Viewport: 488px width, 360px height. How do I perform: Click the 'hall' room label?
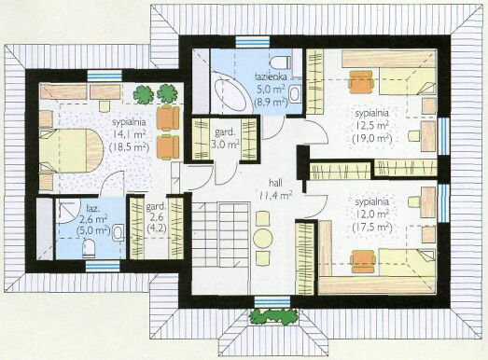pos(276,183)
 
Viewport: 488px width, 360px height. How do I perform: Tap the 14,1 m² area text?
pos(129,134)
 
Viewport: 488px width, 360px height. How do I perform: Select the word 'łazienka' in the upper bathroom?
pos(271,76)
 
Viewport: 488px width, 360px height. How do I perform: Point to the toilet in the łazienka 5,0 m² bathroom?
pos(281,62)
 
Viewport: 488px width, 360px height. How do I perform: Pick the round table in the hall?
pos(263,239)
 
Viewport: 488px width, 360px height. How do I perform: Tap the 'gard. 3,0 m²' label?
pos(227,137)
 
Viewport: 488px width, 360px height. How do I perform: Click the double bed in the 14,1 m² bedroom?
pos(71,150)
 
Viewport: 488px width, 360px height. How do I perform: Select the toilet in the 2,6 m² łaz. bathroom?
pos(89,248)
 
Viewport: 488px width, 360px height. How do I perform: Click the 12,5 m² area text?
pos(372,126)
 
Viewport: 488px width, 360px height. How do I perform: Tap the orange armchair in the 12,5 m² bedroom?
pos(361,82)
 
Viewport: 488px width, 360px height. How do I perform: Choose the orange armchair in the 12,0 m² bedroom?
pos(363,261)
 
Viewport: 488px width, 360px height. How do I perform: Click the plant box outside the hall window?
pos(273,317)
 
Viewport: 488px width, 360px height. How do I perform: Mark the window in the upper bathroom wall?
pos(253,42)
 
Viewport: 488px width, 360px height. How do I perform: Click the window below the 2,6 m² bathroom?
pos(103,267)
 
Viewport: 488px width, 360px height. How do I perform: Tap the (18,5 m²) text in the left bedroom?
pos(129,147)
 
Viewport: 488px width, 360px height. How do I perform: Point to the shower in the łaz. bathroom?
pos(66,212)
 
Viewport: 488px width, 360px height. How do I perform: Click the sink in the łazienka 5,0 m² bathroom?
pos(295,94)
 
